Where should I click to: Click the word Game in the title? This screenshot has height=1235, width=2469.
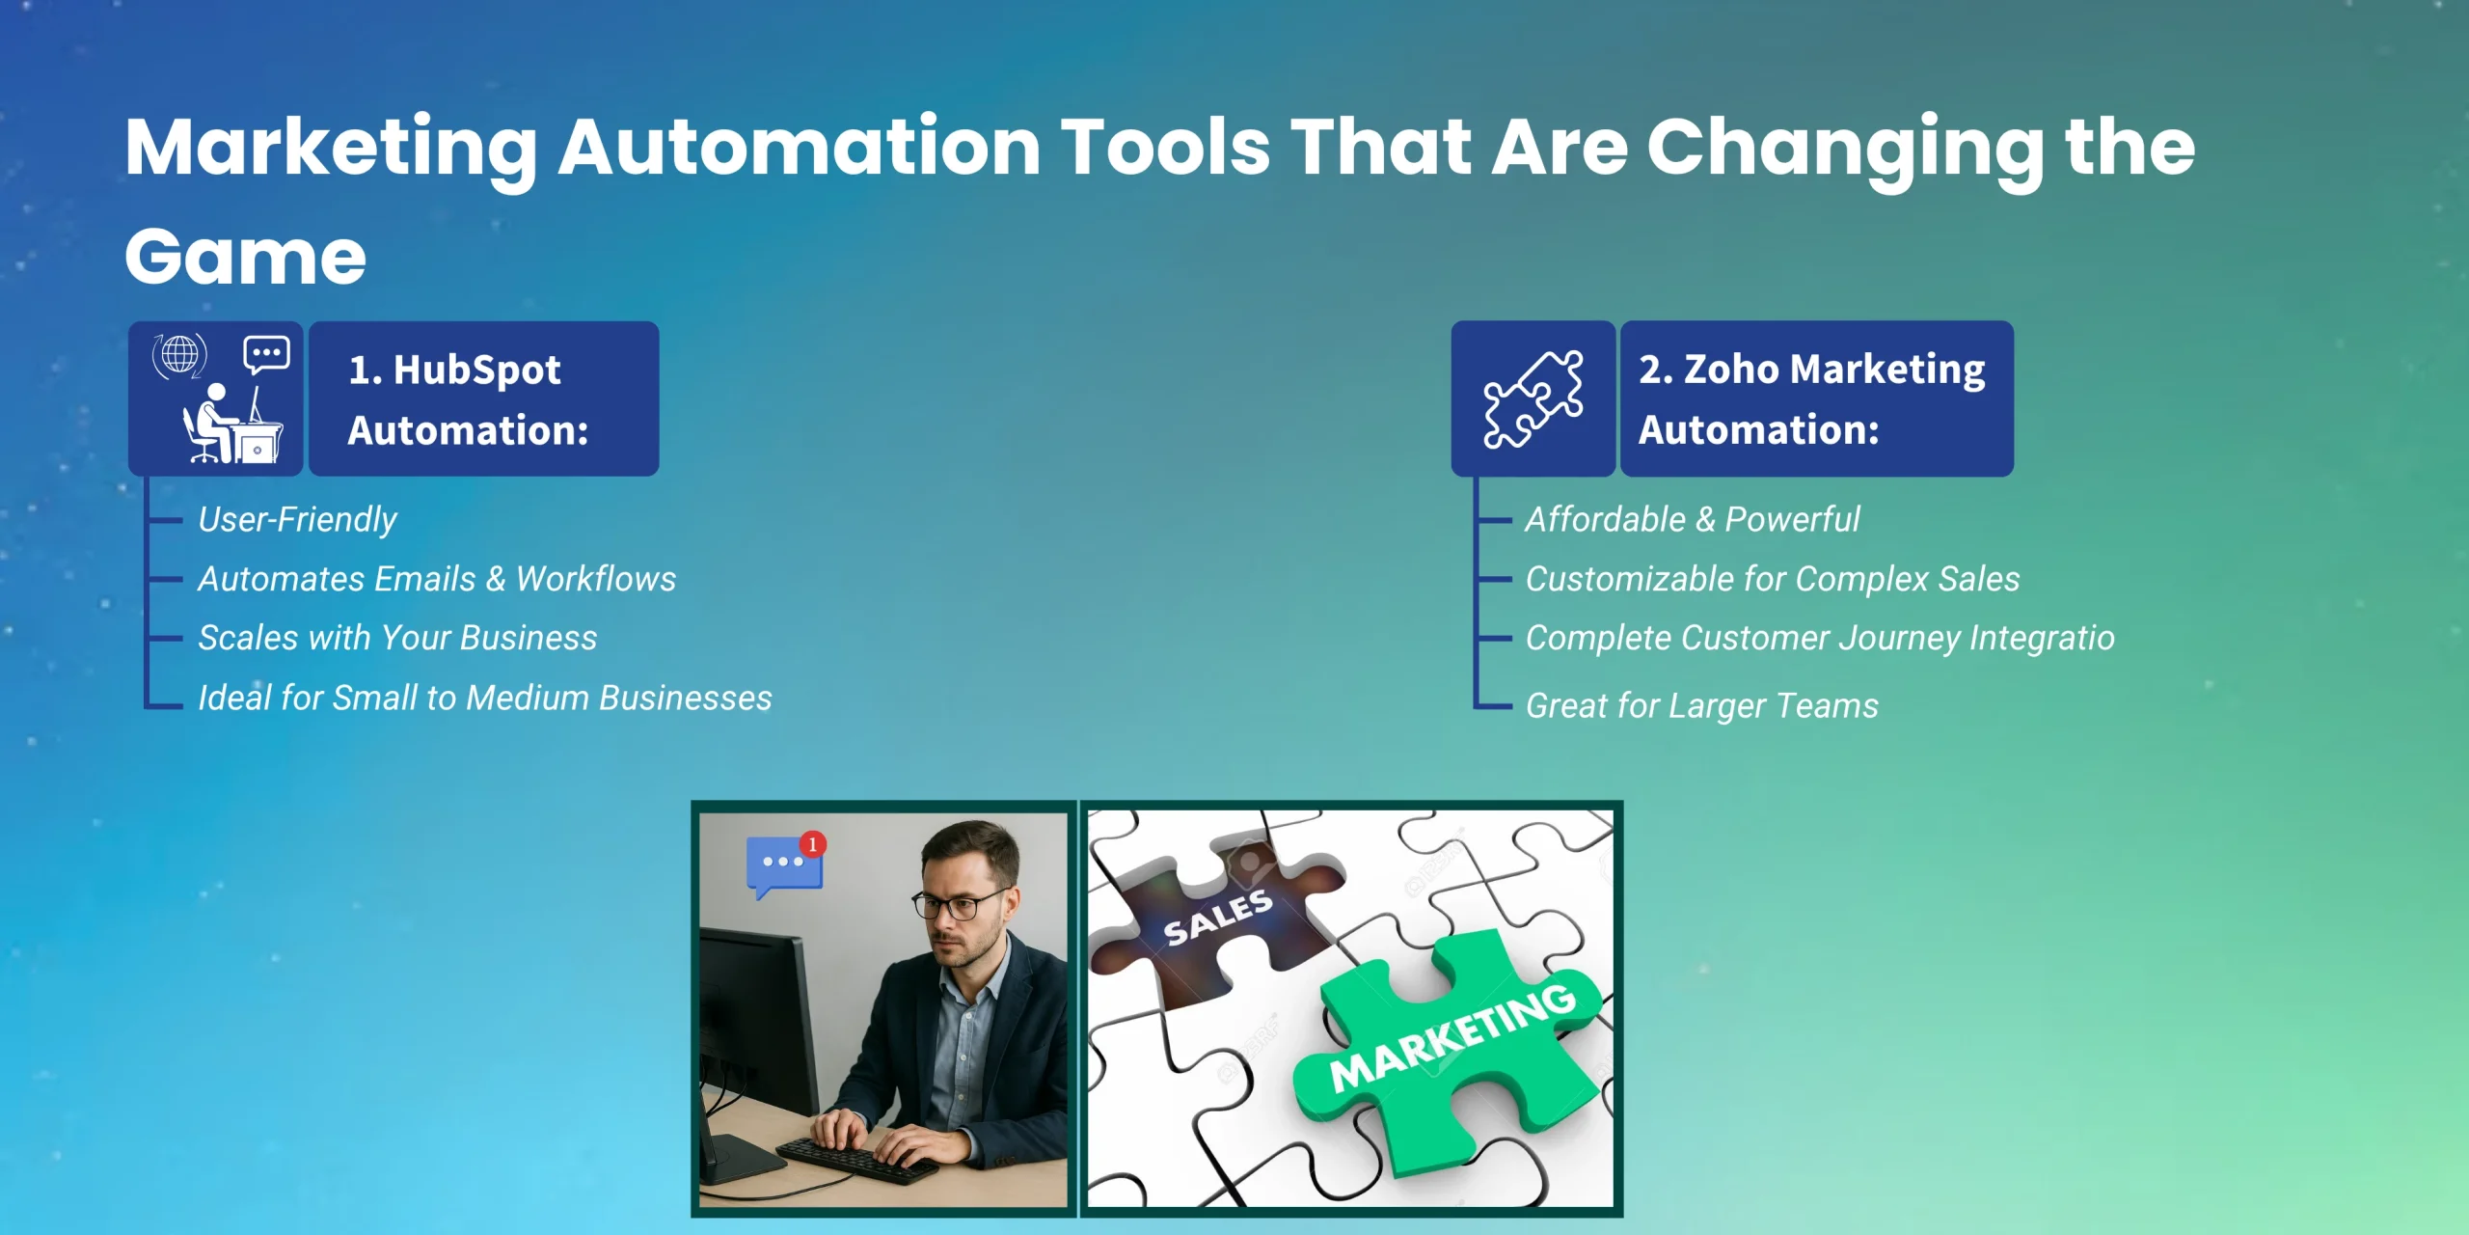click(246, 257)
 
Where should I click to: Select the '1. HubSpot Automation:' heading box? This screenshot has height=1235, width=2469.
click(484, 398)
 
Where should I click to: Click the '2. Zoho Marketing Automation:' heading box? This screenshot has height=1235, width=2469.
click(1817, 398)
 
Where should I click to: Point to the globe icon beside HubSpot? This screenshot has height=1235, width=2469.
click(179, 355)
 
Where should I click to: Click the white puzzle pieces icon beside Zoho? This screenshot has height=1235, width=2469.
click(1533, 399)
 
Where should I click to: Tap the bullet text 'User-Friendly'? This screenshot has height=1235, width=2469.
click(297, 520)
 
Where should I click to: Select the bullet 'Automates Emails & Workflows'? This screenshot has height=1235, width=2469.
click(437, 579)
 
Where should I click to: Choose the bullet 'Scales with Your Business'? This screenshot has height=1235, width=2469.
click(397, 638)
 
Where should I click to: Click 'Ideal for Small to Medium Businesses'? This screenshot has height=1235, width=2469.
click(485, 698)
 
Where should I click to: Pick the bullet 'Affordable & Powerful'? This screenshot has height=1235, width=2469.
click(1693, 520)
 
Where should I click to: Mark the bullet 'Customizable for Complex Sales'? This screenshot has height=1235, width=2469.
click(1773, 579)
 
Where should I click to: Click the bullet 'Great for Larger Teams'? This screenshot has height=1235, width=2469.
click(1702, 706)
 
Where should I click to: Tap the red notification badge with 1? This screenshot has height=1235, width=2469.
click(813, 844)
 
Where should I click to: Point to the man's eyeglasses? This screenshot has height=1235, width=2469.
click(961, 905)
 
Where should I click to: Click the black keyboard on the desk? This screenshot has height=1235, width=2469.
click(856, 1160)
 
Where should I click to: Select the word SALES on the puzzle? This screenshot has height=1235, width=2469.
click(1218, 918)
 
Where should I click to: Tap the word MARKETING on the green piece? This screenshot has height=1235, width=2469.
click(1452, 1035)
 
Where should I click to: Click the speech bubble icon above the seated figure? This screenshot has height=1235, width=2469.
click(266, 354)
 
